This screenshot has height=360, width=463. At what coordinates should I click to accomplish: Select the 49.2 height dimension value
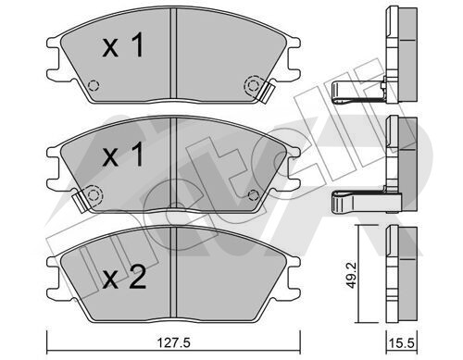(x=351, y=275)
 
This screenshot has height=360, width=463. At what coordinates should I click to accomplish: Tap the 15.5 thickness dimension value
(x=402, y=343)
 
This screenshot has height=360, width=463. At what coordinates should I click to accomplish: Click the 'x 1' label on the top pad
(x=123, y=45)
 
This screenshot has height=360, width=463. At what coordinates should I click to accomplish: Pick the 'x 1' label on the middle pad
(x=123, y=154)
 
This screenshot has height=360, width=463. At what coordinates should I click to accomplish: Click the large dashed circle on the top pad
(x=253, y=84)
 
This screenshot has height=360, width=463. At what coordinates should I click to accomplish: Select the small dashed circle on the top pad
(x=93, y=85)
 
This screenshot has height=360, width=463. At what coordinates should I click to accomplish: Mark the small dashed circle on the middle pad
(x=254, y=194)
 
